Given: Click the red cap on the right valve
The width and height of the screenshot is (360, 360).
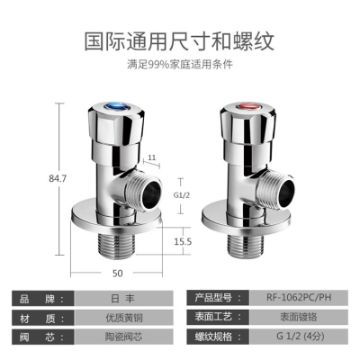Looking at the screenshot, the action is coord(247,106).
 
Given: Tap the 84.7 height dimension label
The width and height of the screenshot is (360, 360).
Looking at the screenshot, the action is coord(58,178).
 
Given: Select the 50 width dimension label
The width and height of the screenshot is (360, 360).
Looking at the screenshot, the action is coord(118,274).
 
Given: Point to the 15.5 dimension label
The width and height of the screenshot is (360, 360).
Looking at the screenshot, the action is coord(183,241).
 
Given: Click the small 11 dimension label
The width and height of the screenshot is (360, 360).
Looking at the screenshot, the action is coord(152,157).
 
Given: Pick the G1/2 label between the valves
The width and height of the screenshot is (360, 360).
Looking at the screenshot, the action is coord(182,195).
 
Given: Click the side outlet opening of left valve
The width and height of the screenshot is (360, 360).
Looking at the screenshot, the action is coord(150,194).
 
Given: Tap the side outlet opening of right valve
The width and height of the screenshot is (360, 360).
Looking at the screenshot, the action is coord(284,193).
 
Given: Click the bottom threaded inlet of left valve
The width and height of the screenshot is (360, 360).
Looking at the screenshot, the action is coord(117,247).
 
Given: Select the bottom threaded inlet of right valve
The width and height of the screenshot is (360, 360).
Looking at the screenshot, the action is coord(246,246).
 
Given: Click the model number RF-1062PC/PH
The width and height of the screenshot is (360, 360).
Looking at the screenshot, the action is coord(299,297).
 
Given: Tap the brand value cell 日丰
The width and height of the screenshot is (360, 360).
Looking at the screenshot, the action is coord(123,299).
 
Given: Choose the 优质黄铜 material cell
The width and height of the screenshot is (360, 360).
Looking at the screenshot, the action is coord(123,318).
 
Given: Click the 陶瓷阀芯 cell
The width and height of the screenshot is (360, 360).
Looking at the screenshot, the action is coord(123,337).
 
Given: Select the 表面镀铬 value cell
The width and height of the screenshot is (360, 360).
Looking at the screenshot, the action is coord(299,317).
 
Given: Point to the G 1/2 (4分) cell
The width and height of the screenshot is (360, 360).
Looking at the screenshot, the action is coord(299,336).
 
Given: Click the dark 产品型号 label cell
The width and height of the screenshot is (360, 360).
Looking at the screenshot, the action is coord(218,298).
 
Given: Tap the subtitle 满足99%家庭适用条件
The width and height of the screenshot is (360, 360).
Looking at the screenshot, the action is coord(180,64).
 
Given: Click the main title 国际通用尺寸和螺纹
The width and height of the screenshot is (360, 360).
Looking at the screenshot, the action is coord(179,40).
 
